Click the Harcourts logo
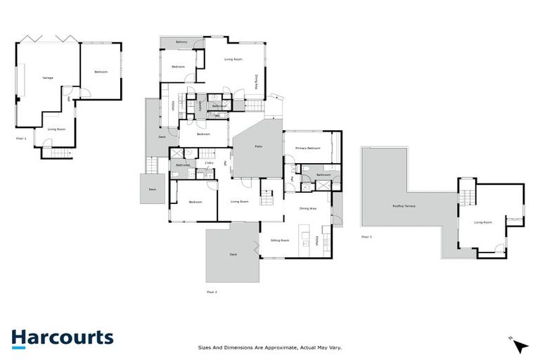pyautogui.click(x=63, y=337)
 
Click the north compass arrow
pyautogui.click(x=520, y=346)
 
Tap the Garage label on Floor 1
pyautogui.click(x=48, y=77)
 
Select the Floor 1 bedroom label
pyautogui.click(x=100, y=72)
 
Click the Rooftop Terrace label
pyautogui.click(x=404, y=205)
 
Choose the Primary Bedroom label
pyautogui.click(x=308, y=148)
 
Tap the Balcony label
pyautogui.click(x=181, y=44)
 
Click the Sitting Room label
pyautogui.click(x=280, y=240)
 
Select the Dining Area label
pyautogui.click(x=308, y=208)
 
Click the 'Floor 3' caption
pyautogui.click(x=366, y=237)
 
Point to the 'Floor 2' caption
pyautogui.click(x=212, y=291)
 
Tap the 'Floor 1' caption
pyautogui.click(x=21, y=139)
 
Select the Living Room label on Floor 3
pyautogui.click(x=482, y=222)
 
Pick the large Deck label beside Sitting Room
pyautogui.click(x=233, y=255)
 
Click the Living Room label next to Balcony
pyautogui.click(x=233, y=59)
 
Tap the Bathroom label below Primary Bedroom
pyautogui.click(x=323, y=174)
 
